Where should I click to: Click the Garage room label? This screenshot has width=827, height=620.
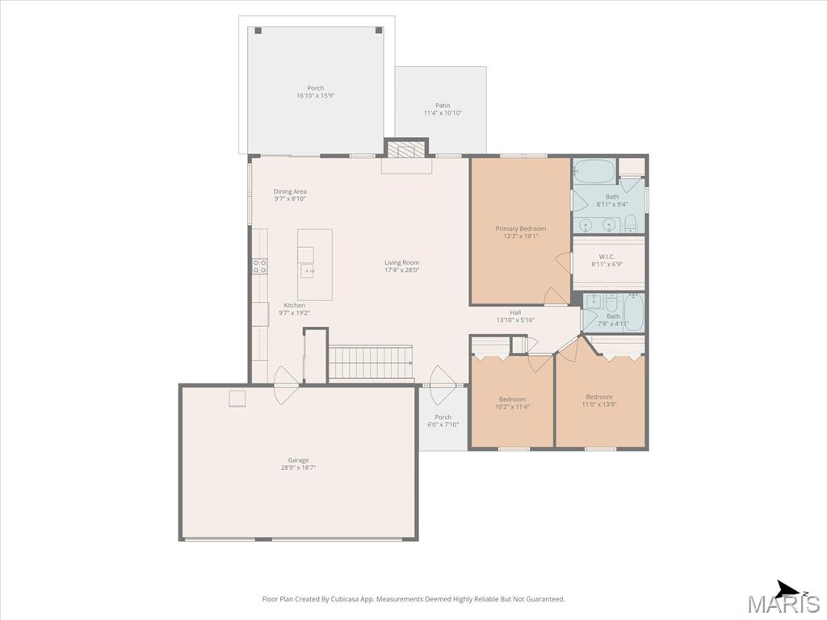298,460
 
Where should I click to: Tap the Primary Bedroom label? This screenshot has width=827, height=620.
521,228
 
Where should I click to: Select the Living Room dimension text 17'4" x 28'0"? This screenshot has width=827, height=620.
402,270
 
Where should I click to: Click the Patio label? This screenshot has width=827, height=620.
443,106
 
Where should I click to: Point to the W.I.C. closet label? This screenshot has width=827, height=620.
607,257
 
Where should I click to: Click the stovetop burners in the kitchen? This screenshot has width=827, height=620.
259,266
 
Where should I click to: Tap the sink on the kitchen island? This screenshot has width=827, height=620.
308,271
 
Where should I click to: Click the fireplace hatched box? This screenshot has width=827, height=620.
406,149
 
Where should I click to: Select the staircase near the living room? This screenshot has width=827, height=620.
370,362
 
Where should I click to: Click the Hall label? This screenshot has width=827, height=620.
515,312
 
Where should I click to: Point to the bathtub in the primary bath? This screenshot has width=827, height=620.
594,171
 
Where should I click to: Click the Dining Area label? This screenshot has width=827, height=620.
290,191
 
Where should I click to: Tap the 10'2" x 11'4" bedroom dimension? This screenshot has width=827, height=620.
512,407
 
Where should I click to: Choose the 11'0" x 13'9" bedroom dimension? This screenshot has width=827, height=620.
599,404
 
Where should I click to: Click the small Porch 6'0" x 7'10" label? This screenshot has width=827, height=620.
443,421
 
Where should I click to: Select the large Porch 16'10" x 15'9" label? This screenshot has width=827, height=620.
316,92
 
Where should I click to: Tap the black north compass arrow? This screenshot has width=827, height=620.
790,589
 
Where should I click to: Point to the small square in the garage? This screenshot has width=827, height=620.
237,399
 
